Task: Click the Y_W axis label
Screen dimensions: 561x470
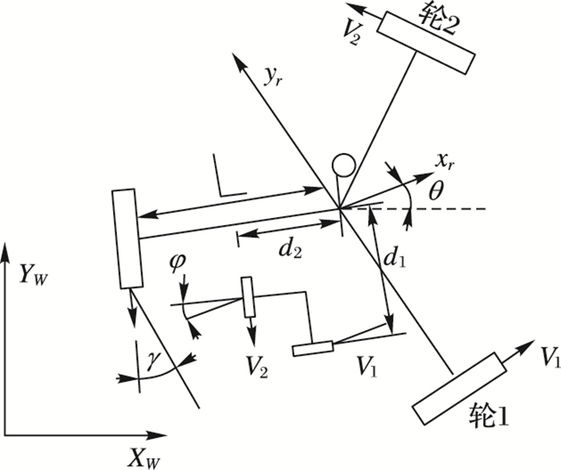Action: (34, 275)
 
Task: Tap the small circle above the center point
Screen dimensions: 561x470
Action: (343, 165)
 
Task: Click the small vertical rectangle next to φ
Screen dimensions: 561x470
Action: (247, 297)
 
